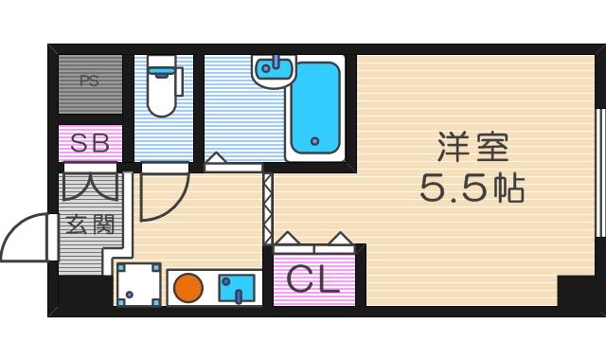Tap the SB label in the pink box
point(91,144)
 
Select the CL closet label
point(313,280)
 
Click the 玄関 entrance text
point(90,225)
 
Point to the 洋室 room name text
point(472,147)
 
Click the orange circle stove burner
point(189,286)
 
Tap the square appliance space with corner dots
point(138,284)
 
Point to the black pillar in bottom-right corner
point(576,291)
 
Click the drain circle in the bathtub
point(313,146)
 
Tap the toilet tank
point(163,66)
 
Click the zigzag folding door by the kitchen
point(268,207)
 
